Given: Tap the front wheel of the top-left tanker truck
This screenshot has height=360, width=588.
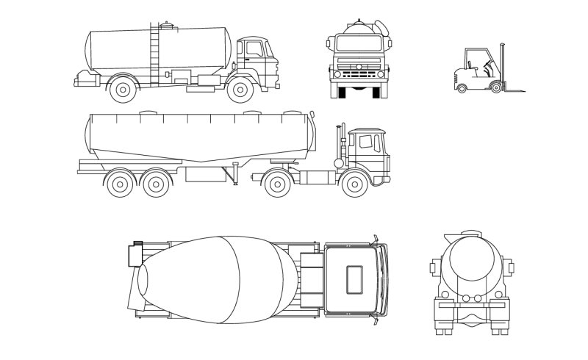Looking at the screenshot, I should tap(240, 90).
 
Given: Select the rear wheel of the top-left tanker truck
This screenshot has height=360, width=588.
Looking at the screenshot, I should tap(122, 90).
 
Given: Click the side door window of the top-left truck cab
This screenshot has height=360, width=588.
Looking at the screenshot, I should tap(254, 49).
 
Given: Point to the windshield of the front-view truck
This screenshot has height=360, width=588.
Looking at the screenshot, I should tap(358, 43).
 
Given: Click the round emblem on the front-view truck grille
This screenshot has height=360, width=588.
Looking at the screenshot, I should tap(358, 67).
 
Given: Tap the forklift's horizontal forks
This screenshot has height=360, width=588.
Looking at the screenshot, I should tap(514, 91).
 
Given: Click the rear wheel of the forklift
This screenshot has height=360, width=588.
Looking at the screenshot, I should tap(462, 88).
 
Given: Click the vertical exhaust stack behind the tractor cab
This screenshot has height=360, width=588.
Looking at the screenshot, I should tap(341, 143).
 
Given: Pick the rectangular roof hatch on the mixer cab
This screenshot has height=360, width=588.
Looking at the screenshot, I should tap(355, 279).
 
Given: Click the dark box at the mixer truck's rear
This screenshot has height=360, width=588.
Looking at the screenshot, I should tap(135, 255).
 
